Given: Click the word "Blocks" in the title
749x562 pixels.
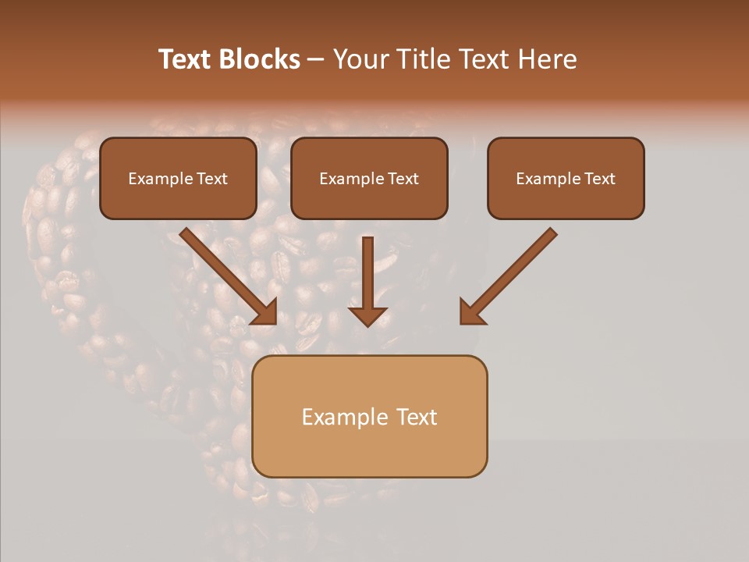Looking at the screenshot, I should click(x=261, y=59).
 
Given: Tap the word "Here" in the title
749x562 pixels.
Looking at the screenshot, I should click(x=548, y=59).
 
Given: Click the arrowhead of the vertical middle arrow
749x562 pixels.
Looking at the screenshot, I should click(x=367, y=315).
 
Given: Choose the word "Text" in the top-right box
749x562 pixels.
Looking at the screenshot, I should click(x=598, y=179).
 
